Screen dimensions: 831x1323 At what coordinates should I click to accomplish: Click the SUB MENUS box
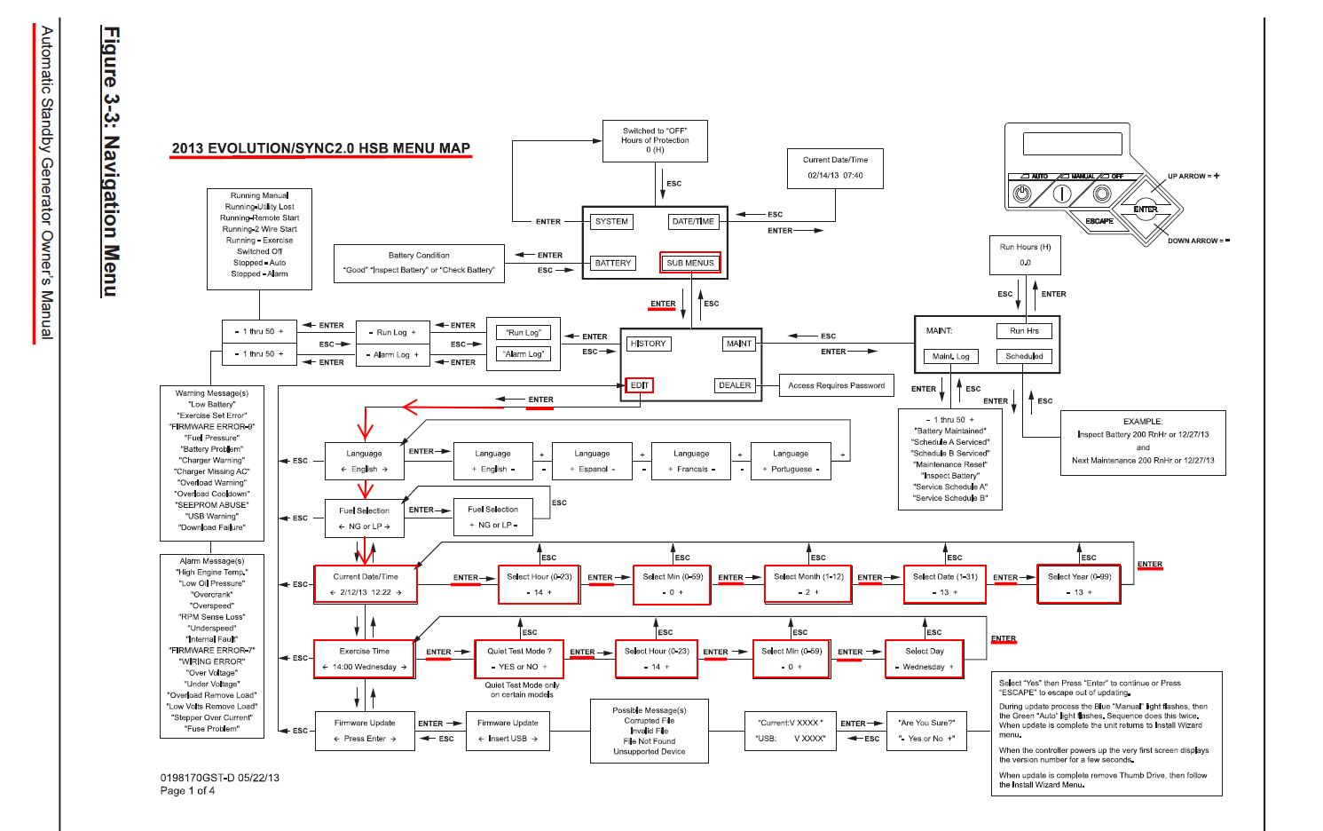coord(689,263)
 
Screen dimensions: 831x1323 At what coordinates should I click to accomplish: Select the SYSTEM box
coord(611,222)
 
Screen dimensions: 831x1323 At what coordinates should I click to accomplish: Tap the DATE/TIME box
coord(693,222)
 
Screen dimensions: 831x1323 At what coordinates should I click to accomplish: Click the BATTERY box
coord(612,263)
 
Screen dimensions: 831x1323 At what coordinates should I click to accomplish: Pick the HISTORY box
coord(648,344)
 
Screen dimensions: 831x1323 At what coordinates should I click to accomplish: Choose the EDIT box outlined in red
coord(640,385)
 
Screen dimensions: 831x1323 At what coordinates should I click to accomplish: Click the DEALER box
coord(735,385)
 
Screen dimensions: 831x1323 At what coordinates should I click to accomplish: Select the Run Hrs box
coord(1024,331)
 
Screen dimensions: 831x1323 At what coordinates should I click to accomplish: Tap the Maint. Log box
coord(950,356)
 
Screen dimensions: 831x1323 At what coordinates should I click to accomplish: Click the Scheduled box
coord(1024,356)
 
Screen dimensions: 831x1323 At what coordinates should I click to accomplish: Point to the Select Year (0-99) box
coord(1078,584)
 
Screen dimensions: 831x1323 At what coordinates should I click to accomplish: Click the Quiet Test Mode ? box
coord(519,659)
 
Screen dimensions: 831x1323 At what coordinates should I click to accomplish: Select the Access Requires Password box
coord(836,385)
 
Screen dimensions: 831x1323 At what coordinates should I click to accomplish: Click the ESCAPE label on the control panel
coord(1099,221)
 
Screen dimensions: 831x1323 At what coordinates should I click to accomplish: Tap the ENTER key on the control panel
coord(1146,210)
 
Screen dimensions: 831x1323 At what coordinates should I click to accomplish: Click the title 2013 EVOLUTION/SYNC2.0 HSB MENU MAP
coord(320,148)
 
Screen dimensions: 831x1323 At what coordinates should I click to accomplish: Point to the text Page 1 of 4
coord(187,791)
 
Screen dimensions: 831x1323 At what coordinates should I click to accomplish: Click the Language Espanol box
coord(592,461)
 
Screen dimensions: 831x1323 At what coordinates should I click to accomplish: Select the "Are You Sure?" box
coord(926,731)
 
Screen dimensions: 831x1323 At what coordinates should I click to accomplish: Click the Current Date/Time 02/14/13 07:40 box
coord(835,168)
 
